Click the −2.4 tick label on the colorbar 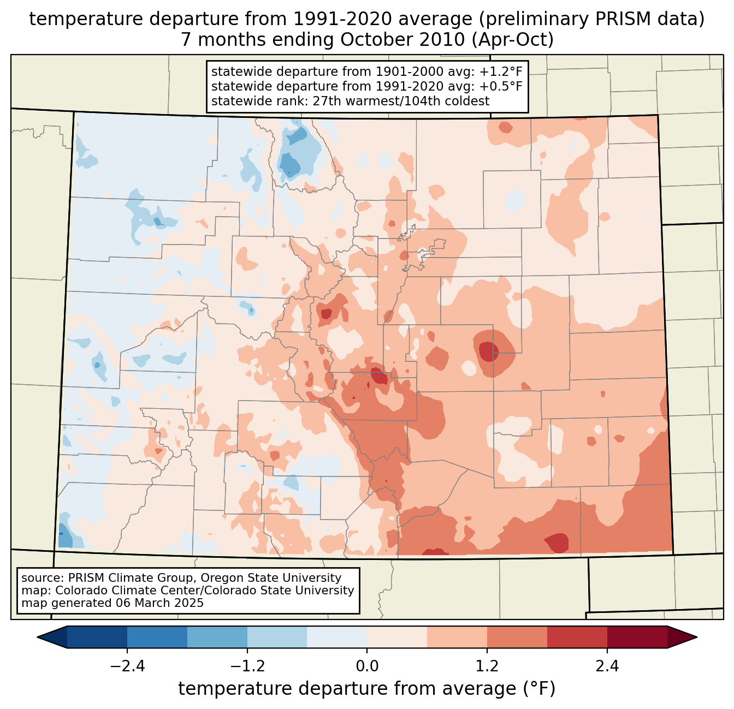127,666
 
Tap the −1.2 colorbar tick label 247,666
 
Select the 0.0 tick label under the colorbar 367,666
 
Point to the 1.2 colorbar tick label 487,666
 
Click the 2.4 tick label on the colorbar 607,666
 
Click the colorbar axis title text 367,689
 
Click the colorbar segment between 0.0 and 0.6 397,637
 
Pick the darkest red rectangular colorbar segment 637,637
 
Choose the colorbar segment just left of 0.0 337,637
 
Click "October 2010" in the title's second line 402,40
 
